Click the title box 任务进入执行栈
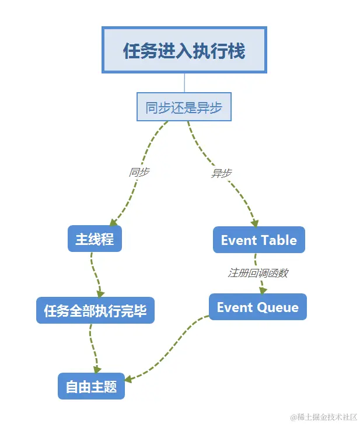click(184, 50)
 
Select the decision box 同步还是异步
click(184, 107)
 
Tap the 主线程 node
click(95, 239)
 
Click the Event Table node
click(258, 240)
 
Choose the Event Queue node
click(257, 307)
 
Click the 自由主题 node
click(91, 386)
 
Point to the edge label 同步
click(139, 173)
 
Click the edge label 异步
click(221, 173)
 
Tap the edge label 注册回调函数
click(257, 273)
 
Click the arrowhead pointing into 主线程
click(114, 222)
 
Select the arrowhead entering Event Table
click(254, 222)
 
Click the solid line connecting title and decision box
click(184, 82)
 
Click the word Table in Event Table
click(278, 240)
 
